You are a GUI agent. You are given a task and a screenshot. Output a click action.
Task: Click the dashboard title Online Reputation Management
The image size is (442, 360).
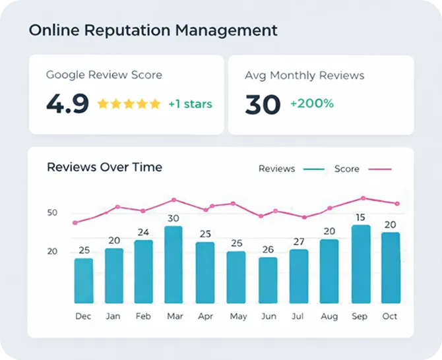[x=153, y=30]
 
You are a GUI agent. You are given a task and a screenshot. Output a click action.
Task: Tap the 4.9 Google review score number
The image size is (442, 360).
[x=67, y=104]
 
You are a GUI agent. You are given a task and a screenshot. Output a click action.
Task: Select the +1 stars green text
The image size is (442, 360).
[x=190, y=104]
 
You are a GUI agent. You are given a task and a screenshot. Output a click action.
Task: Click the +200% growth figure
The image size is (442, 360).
[x=312, y=104]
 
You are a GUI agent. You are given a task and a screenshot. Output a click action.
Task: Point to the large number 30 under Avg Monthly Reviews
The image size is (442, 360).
[x=263, y=104]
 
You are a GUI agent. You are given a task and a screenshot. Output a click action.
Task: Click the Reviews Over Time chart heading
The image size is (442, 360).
[x=104, y=167]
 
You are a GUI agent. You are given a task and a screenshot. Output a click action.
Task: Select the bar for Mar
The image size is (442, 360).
[x=174, y=264]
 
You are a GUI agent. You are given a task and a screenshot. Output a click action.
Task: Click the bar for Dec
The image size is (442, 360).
[x=84, y=280]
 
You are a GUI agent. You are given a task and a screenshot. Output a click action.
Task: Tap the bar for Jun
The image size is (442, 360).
[x=268, y=280]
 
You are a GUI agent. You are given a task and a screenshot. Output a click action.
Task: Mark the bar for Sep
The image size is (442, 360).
[x=361, y=264]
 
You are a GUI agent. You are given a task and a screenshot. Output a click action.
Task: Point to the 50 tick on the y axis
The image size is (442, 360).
[x=52, y=213]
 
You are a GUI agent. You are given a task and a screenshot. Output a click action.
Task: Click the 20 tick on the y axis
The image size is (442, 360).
[x=52, y=251]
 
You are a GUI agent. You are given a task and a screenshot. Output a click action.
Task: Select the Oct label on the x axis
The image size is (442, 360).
[x=390, y=316]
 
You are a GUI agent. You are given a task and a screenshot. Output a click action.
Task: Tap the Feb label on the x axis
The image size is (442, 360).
[x=143, y=316]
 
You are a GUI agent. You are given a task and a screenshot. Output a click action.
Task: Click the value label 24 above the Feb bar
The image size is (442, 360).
[x=144, y=232]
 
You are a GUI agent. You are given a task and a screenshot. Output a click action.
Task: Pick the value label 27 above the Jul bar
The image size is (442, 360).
[x=299, y=241]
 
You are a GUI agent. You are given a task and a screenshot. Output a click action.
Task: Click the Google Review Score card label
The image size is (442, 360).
[x=104, y=75]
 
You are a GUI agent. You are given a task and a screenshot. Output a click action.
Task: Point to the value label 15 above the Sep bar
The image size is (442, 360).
[x=361, y=217]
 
